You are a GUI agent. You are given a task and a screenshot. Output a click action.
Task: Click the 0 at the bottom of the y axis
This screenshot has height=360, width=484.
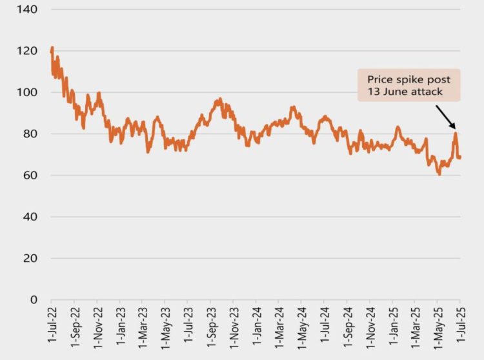[x=34, y=299]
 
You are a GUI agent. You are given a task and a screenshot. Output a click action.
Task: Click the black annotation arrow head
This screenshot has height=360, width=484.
[x=454, y=127]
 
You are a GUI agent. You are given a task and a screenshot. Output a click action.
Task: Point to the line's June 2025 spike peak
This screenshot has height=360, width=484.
[x=456, y=133]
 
